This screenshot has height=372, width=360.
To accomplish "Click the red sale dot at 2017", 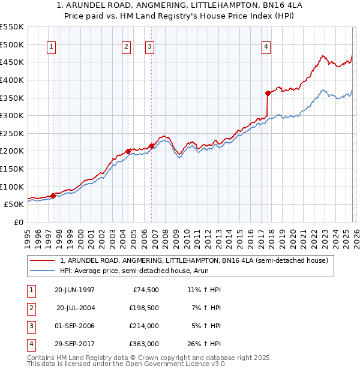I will pos(268,93).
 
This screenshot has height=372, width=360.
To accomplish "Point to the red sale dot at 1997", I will pos(53,195).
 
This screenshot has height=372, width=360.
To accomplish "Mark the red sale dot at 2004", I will pos(128,151).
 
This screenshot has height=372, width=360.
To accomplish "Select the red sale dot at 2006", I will pos(151,145).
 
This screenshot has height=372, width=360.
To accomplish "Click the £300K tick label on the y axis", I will pos(11,115).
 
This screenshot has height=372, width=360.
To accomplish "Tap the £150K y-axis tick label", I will pos(11,169).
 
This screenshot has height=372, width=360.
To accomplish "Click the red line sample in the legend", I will pos(42,261).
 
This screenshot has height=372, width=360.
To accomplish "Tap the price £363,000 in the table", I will pos(143,344).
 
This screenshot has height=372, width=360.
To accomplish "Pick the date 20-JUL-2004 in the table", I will pos(76,308).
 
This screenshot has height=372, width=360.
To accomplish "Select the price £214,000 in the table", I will pos(143,326).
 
